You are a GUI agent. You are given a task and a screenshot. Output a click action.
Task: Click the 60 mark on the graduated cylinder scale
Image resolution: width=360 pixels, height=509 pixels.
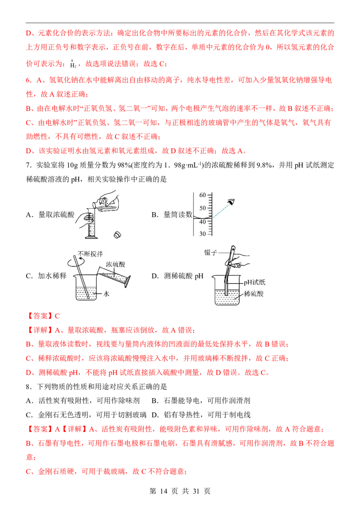click(x=202, y=195)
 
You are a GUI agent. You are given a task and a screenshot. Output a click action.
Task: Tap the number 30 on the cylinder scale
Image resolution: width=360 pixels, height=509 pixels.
click(x=202, y=234)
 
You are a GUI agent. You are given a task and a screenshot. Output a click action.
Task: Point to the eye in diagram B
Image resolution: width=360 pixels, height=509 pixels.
click(x=231, y=202)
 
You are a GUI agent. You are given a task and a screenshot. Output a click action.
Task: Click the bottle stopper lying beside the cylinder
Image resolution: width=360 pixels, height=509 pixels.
click(x=117, y=235)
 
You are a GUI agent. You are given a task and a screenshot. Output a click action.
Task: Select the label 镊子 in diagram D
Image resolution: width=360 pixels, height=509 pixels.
click(x=211, y=252)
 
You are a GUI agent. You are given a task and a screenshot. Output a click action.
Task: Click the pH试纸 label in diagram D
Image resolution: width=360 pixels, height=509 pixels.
click(x=254, y=282)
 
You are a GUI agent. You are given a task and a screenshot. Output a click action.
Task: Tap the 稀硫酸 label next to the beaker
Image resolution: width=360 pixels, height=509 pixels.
click(x=254, y=294)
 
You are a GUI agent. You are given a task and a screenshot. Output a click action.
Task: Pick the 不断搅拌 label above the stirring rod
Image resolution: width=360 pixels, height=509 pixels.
click(x=90, y=254)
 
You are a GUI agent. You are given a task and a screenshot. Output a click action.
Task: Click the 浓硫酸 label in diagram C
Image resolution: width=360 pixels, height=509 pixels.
click(x=115, y=264)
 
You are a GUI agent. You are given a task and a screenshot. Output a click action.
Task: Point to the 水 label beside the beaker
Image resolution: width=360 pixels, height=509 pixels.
click(x=106, y=294)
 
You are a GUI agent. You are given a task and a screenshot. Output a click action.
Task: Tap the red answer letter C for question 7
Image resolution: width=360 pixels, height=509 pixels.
click(x=57, y=316)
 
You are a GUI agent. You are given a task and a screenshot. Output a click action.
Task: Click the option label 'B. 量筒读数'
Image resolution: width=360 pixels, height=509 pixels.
click(x=172, y=214)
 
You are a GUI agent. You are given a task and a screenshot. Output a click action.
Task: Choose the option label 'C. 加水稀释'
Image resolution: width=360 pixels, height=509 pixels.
click(x=46, y=276)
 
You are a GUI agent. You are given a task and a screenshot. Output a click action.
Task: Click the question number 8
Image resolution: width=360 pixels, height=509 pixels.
click(x=28, y=387)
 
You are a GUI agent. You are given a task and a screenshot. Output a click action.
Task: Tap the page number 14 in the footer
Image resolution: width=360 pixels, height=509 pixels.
click(x=163, y=491)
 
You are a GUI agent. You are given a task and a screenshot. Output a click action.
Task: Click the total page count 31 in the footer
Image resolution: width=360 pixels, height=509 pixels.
click(x=196, y=491)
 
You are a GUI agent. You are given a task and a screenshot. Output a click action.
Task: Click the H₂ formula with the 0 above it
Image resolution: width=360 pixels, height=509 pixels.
click(x=73, y=64)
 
